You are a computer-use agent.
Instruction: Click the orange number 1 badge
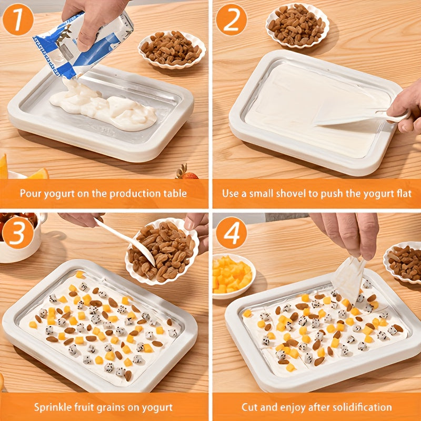click(x=18, y=19)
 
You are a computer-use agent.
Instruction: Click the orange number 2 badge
click(x=231, y=19)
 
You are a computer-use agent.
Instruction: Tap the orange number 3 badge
click(x=18, y=232)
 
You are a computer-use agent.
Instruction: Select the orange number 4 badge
click(x=231, y=232)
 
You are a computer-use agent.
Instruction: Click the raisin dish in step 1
click(x=171, y=49)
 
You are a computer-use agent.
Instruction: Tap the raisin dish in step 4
click(x=404, y=262)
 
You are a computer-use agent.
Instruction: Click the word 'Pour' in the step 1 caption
click(x=31, y=193)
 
